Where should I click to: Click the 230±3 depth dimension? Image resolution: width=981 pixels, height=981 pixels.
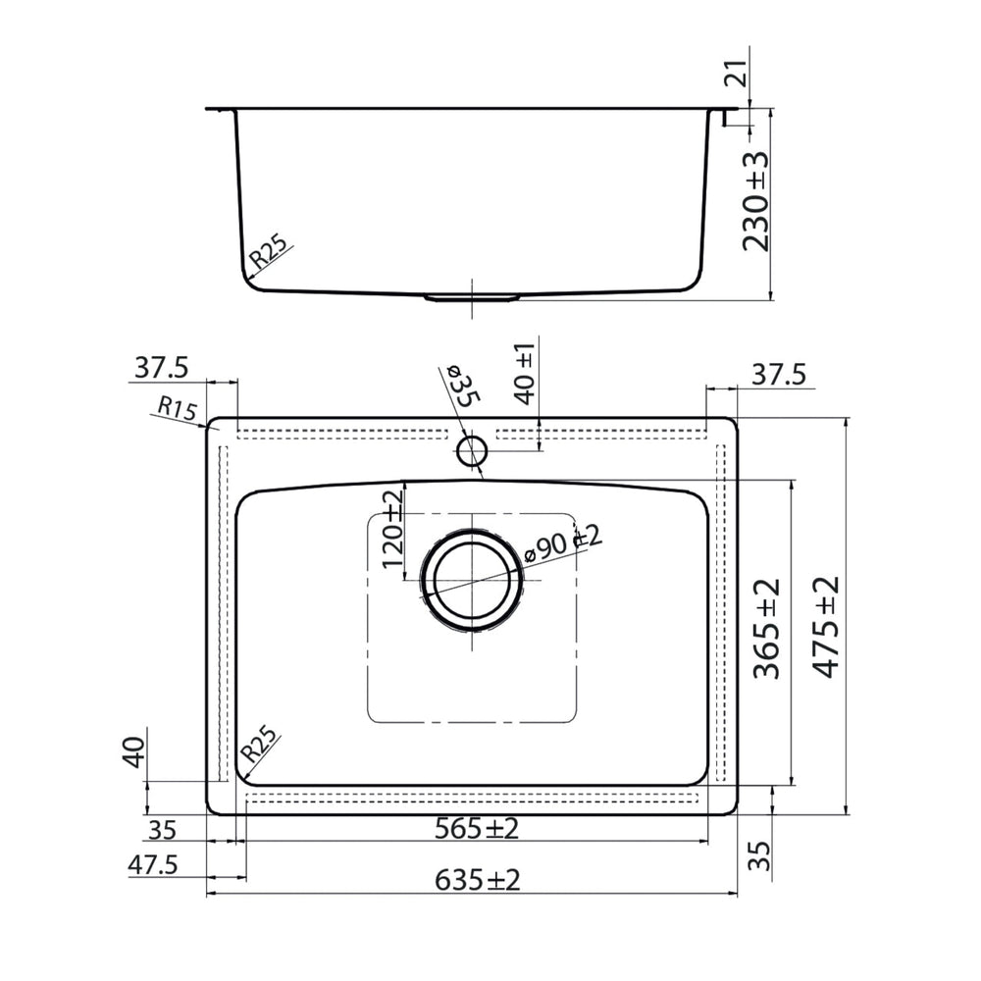click(755, 201)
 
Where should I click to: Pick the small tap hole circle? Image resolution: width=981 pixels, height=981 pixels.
click(472, 451)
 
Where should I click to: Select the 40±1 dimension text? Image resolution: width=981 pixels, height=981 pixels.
click(524, 374)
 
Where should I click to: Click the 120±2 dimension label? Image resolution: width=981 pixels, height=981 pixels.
click(393, 529)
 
